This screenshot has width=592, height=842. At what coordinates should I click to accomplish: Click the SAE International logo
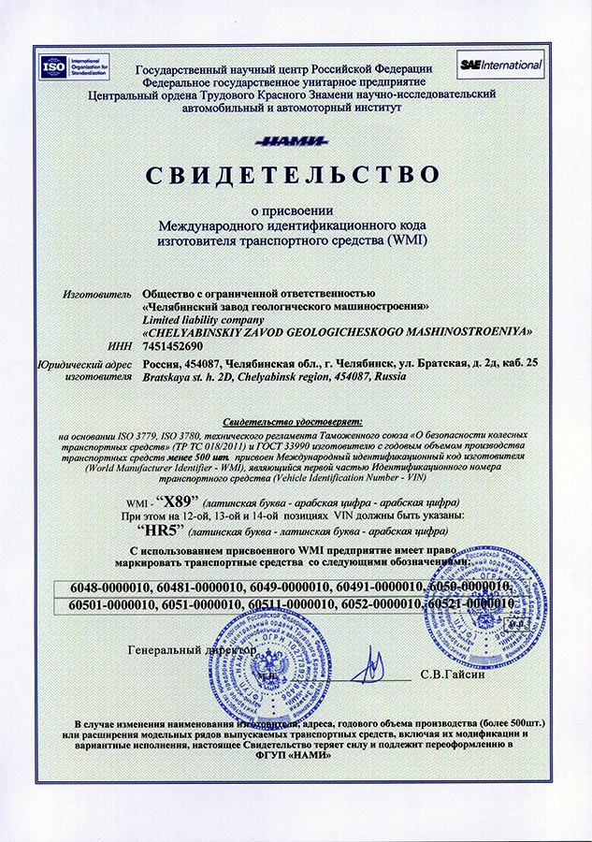500,65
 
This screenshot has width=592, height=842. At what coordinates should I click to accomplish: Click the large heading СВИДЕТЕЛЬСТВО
291,175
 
